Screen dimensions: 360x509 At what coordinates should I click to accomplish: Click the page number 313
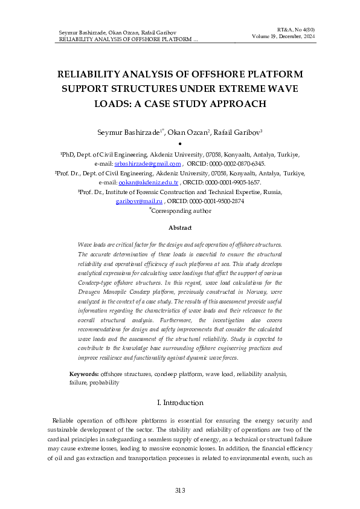pos(179,490)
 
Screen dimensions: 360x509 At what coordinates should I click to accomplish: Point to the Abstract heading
pos(179,227)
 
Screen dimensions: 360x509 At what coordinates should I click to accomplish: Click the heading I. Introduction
pos(179,403)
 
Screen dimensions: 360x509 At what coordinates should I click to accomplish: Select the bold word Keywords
pos(84,374)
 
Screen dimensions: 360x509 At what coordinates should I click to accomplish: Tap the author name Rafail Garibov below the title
pos(241,132)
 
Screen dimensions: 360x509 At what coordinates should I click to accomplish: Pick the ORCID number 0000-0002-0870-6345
pos(234,163)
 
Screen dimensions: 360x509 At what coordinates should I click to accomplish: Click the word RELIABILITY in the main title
pos(89,74)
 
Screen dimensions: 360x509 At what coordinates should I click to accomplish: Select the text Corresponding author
pos(181,211)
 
